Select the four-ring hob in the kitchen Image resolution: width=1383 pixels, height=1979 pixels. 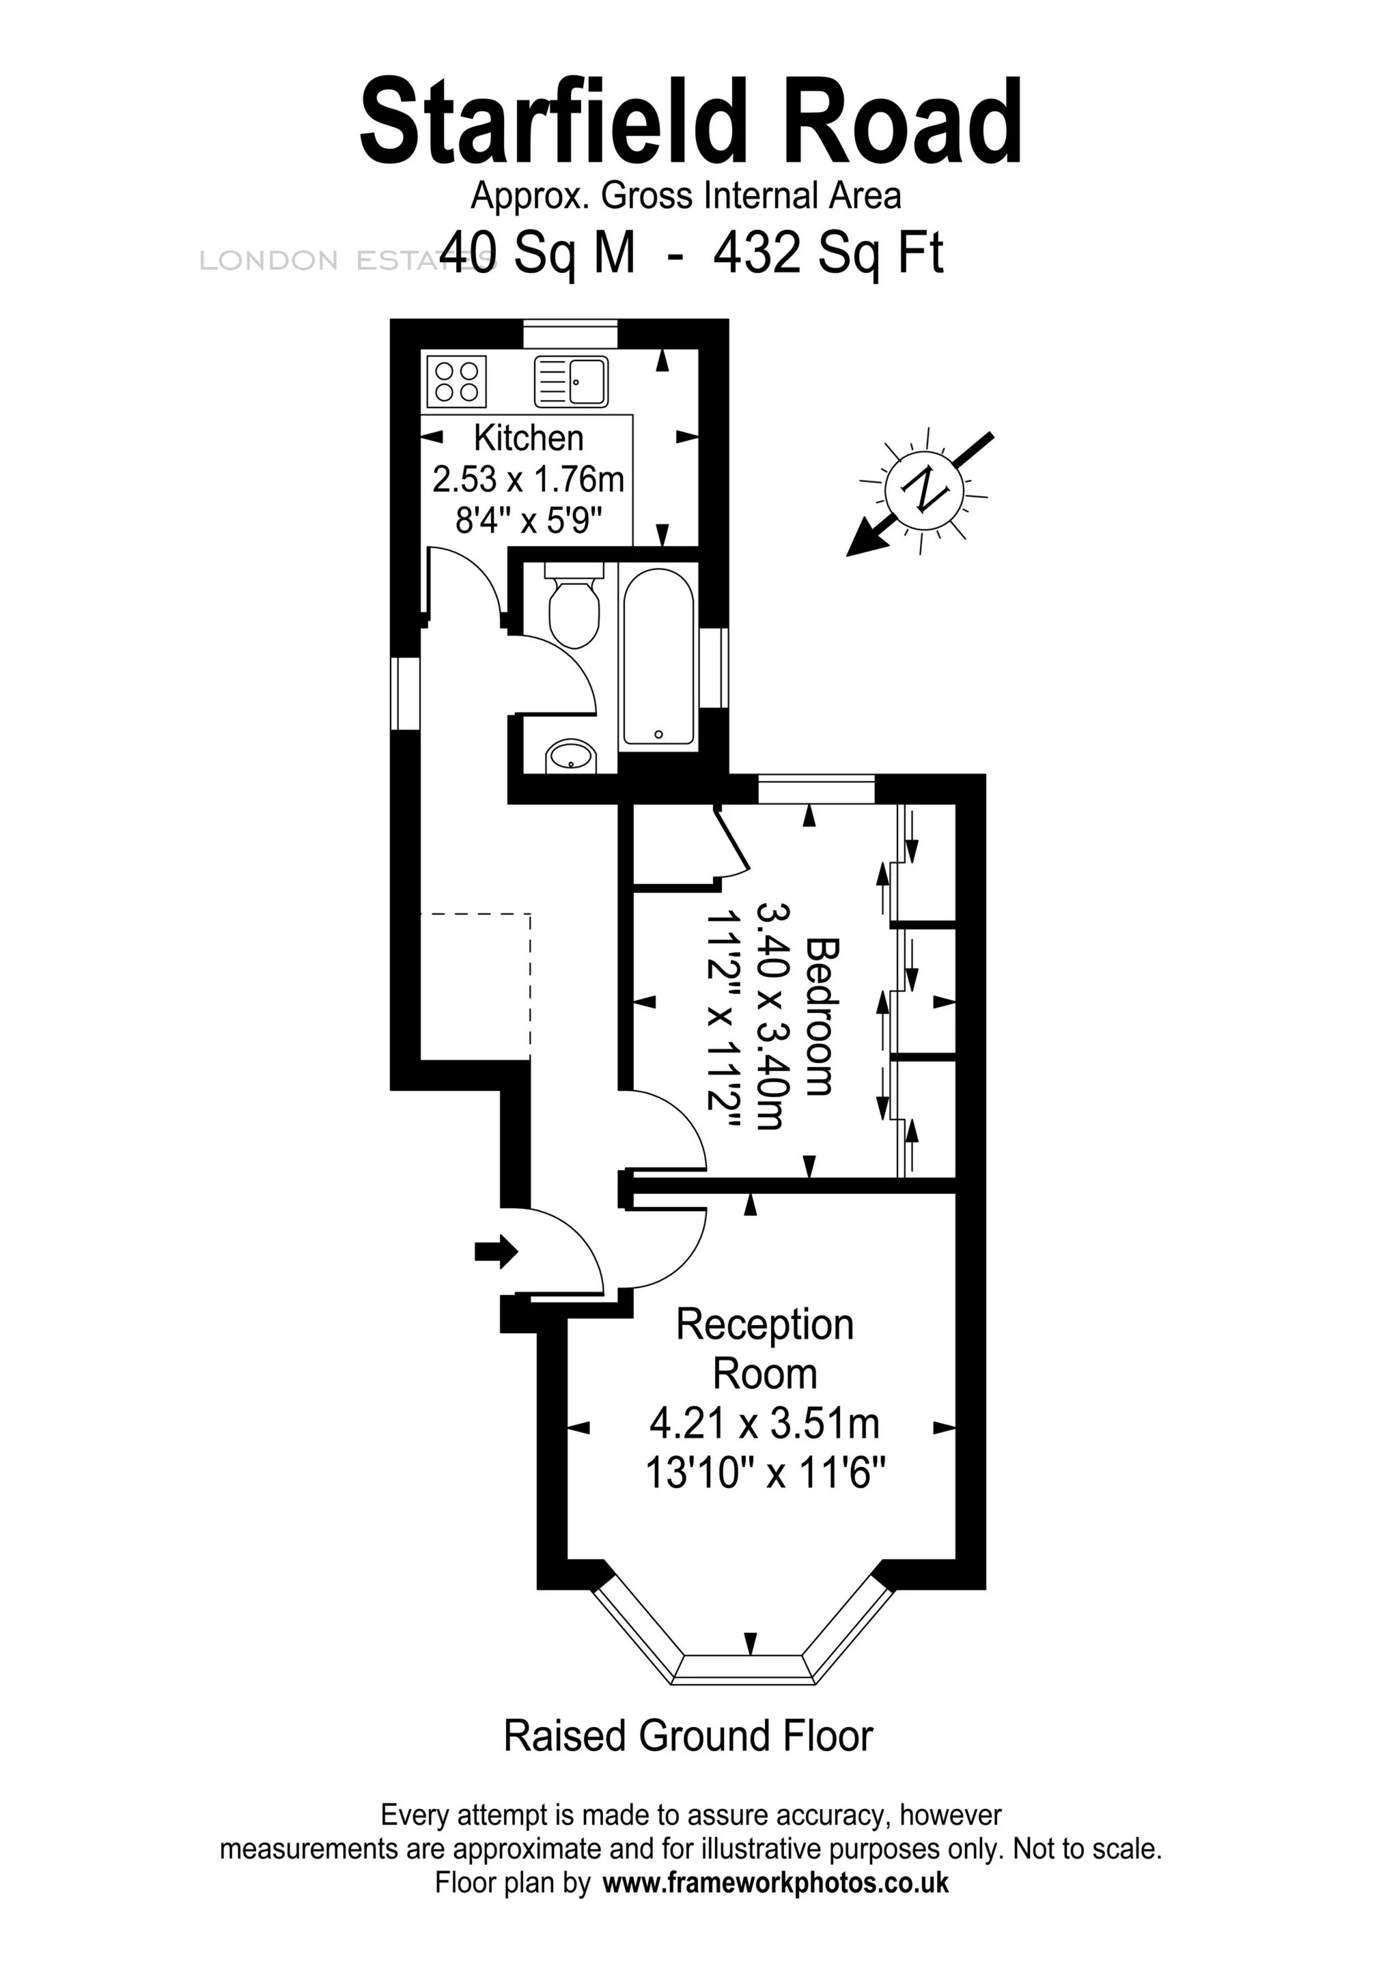[456, 381]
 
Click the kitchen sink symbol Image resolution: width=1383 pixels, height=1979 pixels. [571, 381]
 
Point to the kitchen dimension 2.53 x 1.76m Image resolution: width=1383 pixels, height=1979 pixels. [528, 479]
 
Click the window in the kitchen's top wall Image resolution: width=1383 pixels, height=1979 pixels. [571, 334]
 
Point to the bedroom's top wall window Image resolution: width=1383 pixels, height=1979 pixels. [815, 790]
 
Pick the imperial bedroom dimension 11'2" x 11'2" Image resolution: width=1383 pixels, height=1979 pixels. [723, 1017]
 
